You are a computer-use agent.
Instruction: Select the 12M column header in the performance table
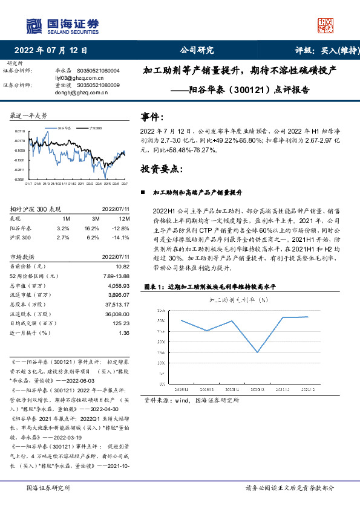click(125, 218)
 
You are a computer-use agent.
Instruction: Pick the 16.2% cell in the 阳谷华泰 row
click(91, 229)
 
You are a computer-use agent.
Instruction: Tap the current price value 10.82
click(123, 266)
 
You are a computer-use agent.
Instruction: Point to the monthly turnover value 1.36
click(124, 332)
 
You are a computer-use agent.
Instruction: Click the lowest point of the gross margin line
click(258, 352)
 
